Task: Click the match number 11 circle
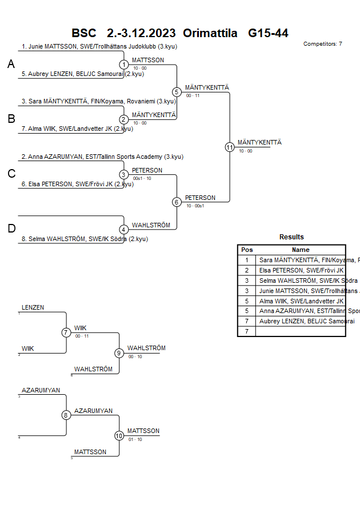click(230, 147)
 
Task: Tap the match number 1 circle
click(123, 65)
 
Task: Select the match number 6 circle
click(177, 202)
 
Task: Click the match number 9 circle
click(119, 353)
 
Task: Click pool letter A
click(11, 65)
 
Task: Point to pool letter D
click(11, 229)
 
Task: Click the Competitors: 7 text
click(322, 44)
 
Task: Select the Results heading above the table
click(291, 237)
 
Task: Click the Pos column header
click(247, 250)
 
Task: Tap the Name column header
click(301, 250)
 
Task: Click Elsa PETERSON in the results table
click(301, 270)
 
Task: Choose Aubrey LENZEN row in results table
click(301, 322)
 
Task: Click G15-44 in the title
click(268, 33)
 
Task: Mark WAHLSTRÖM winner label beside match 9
click(146, 348)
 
